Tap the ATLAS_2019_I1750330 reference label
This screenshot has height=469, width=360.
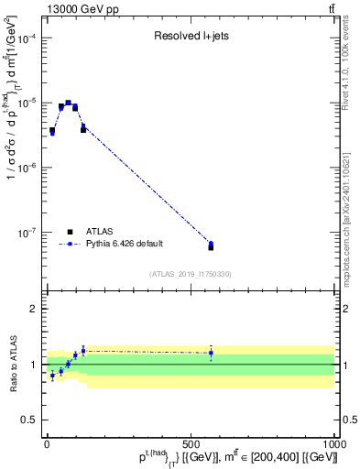tap(190, 274)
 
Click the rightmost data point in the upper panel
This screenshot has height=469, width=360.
tap(211, 245)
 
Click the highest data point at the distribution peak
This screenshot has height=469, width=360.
tap(68, 104)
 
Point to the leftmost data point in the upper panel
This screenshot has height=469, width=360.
tap(52, 131)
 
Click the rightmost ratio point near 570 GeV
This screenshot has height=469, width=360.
tap(211, 353)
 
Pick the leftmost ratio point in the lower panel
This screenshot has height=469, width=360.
tap(52, 376)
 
